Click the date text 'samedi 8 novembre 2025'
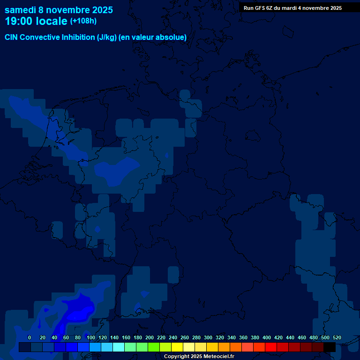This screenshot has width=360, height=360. [x=59, y=10]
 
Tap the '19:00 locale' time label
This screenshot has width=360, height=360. [x=36, y=21]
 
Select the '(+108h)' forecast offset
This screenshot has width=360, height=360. [x=83, y=21]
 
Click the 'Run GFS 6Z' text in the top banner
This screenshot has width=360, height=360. [x=258, y=8]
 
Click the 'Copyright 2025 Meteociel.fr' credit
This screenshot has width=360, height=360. [x=199, y=357]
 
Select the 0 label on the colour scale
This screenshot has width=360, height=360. [x=30, y=337]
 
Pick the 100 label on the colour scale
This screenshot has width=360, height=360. [x=91, y=337]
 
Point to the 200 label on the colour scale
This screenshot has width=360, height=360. [x=150, y=337]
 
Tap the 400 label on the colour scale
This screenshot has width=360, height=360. [x=267, y=337]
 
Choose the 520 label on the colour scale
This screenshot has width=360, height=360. [x=337, y=337]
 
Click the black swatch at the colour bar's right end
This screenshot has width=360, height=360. [x=330, y=347]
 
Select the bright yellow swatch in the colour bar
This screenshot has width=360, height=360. [x=177, y=347]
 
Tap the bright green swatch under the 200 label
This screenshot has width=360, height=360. [x=154, y=347]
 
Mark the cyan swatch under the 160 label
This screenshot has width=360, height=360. [x=119, y=347]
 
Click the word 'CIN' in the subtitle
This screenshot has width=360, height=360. [x=12, y=37]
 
